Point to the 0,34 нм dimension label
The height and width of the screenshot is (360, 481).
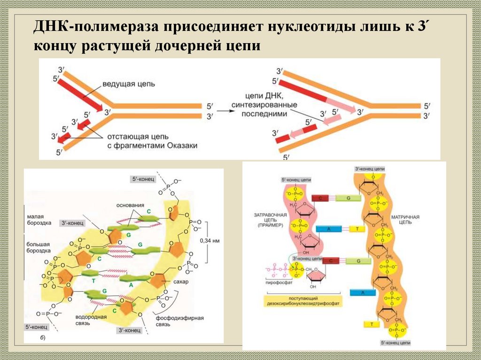(x=210, y=241)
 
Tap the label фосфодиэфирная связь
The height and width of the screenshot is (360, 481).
(x=186, y=321)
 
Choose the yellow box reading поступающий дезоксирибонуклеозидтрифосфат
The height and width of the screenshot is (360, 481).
(x=303, y=301)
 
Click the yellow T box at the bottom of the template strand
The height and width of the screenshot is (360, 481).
(x=371, y=324)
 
